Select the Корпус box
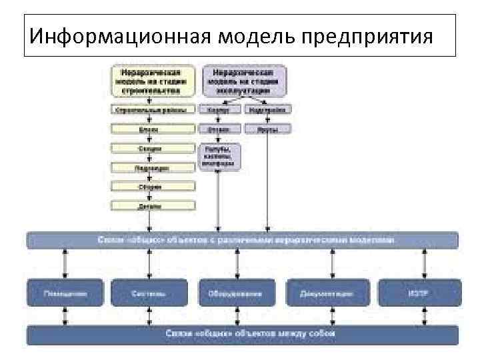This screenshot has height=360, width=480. [219, 110]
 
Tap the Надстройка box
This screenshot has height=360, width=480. [267, 110]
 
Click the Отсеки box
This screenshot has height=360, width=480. [219, 129]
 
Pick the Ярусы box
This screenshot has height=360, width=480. [267, 129]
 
